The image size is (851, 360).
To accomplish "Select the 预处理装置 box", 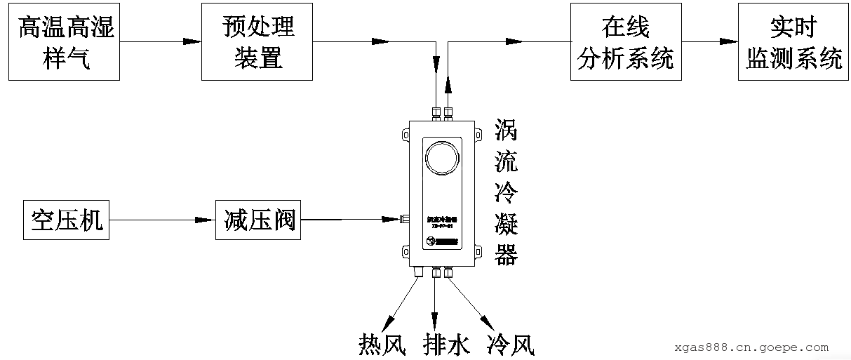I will point(257,41).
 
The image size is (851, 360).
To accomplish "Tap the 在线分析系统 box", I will point(625,41).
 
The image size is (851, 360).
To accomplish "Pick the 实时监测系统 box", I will point(793,41).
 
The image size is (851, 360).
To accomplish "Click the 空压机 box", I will point(67,220).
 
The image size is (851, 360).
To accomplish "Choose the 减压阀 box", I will point(257,220).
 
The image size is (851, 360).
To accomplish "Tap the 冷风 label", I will point(510,345).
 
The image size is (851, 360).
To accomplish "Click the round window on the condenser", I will point(442,155).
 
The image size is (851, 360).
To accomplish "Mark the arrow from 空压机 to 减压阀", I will point(162,220).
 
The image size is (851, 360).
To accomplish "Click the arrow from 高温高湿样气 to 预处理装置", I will point(159,41).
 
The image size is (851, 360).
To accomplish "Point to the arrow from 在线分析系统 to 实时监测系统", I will point(709,41).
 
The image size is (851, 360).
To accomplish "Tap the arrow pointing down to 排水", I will point(436,302).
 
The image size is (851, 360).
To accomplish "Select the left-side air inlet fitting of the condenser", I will point(403,220).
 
